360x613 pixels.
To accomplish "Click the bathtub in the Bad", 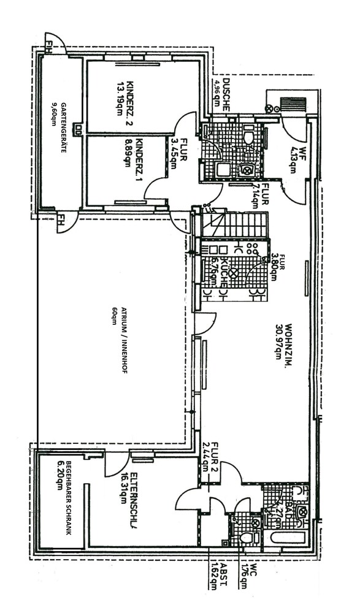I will coord(284,538).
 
